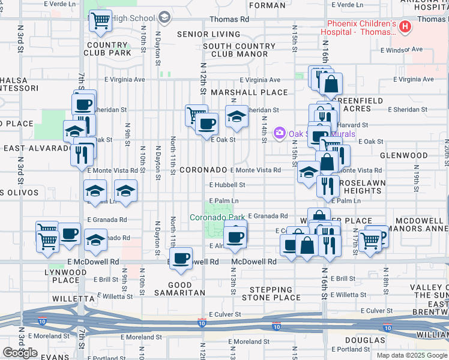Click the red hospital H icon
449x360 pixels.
(405, 26)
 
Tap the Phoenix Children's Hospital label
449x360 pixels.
(358, 28)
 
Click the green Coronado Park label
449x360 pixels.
(218, 217)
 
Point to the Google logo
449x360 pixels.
(20, 353)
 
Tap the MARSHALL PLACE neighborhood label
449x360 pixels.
(249, 92)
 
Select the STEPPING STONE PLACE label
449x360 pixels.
(271, 293)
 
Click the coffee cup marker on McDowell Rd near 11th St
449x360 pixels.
(181, 259)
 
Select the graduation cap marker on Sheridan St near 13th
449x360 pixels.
(237, 117)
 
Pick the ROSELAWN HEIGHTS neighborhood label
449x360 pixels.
(360, 186)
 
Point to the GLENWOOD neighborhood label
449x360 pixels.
(408, 155)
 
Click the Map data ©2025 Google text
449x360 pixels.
(411, 355)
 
